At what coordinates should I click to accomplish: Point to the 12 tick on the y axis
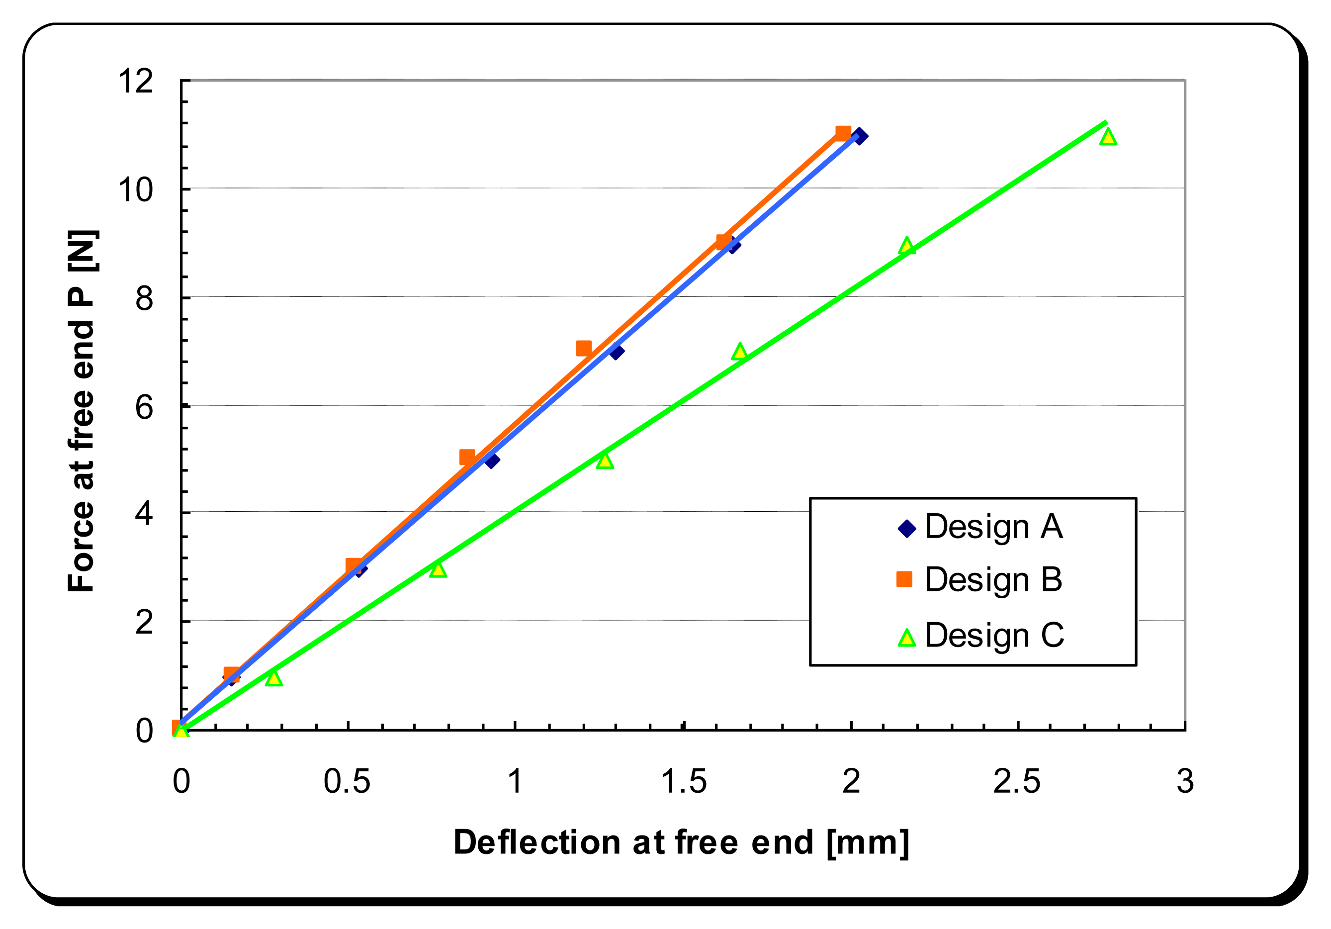(136, 81)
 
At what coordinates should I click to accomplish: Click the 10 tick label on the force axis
(136, 189)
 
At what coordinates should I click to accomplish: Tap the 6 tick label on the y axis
(144, 407)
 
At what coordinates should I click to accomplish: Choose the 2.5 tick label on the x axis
(1017, 781)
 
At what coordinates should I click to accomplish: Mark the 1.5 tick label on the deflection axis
(684, 781)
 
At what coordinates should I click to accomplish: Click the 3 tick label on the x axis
(1185, 781)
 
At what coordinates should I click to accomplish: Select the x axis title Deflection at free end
(681, 842)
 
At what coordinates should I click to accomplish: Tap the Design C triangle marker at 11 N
(1108, 137)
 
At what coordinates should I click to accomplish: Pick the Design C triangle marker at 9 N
(907, 246)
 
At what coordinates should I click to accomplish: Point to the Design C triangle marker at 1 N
(273, 678)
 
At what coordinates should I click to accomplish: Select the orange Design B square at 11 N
(843, 133)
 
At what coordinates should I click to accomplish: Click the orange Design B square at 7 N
(584, 348)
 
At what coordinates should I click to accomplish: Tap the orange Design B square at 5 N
(467, 457)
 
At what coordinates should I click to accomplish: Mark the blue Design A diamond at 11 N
(860, 136)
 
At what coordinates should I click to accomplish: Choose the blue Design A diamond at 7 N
(617, 352)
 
